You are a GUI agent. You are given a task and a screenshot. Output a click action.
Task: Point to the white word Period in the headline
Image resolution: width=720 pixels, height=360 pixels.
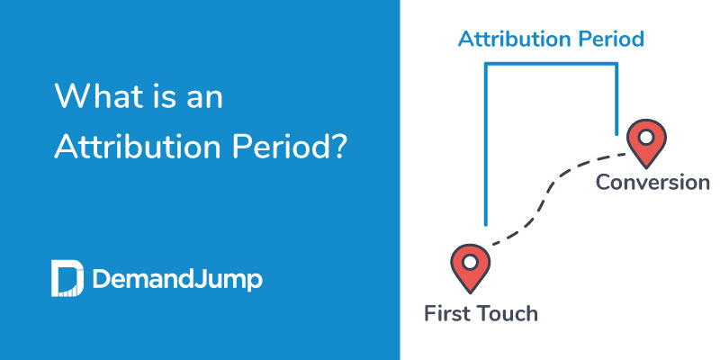tap(295, 148)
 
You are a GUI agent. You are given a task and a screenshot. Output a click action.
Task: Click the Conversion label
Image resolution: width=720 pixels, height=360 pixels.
tap(652, 183)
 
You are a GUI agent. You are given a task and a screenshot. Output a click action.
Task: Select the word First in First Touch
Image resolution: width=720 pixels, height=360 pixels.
tap(449, 314)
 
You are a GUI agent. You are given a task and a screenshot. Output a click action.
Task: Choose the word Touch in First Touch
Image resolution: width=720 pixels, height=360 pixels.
tap(508, 314)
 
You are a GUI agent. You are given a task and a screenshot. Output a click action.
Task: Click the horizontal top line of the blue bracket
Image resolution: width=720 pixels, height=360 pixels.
tap(551, 64)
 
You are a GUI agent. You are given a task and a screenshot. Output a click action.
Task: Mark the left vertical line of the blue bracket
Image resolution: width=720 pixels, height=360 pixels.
tap(485, 144)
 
